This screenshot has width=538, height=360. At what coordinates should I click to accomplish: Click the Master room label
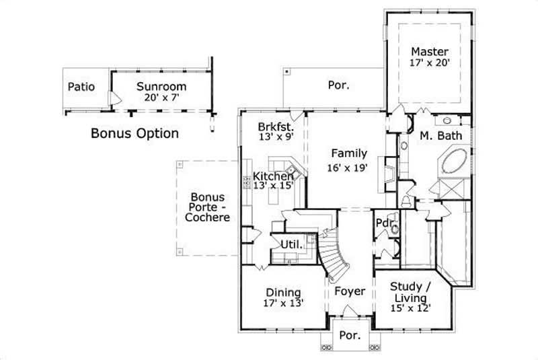click(430, 51)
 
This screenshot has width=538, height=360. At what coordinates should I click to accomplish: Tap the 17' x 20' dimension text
click(430, 63)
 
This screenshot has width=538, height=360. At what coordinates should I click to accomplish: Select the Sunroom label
click(161, 86)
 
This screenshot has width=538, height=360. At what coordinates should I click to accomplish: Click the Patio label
click(81, 87)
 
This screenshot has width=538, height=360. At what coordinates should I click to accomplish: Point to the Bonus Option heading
click(134, 133)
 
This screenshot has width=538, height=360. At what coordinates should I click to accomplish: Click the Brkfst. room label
click(274, 126)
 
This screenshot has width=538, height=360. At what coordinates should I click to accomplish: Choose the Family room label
click(349, 153)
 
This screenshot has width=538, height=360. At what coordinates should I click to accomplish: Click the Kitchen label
click(273, 176)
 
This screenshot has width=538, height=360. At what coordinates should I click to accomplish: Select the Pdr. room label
click(383, 223)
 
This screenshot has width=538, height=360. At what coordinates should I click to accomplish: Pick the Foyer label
click(350, 291)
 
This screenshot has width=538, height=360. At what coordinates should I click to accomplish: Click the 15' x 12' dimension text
click(410, 308)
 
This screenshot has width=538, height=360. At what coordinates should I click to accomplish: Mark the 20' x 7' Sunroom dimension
click(161, 98)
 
